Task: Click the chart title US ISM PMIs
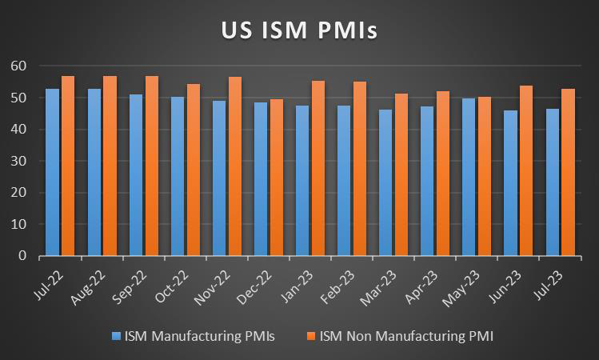coord(299,30)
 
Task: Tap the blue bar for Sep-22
coord(136,175)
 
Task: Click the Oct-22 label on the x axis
coord(170,283)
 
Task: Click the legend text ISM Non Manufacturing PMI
coord(406,337)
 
